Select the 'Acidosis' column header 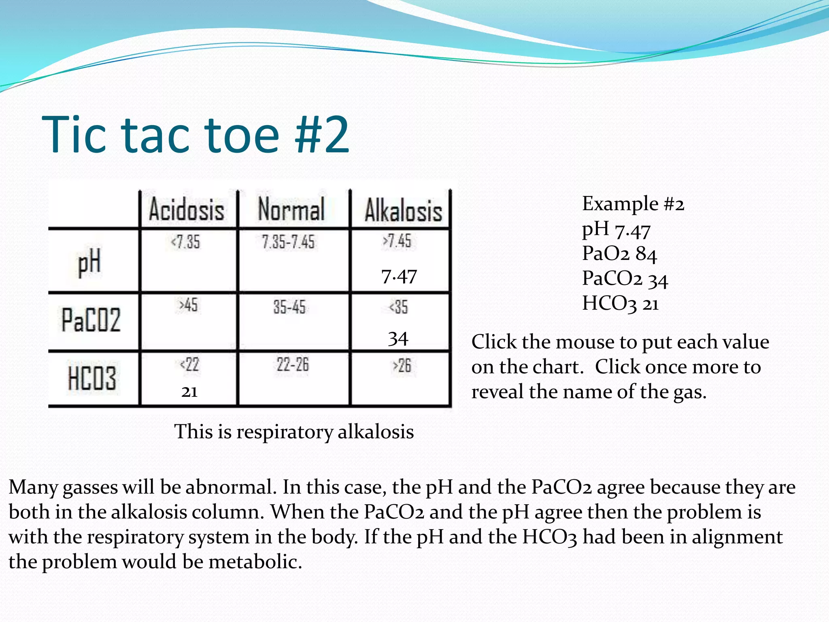point(187,210)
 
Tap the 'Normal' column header point(291,209)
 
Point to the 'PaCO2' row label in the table point(91,320)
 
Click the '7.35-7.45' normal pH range point(288,242)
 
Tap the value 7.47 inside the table point(399,277)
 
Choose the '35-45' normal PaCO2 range point(289,307)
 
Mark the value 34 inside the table point(398,339)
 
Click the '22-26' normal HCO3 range point(292,365)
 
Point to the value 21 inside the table point(189,392)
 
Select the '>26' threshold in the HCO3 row point(402,366)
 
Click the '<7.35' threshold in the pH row point(185,242)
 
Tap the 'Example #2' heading point(633,204)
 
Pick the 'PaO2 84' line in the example point(619,254)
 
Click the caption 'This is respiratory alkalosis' point(294,432)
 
